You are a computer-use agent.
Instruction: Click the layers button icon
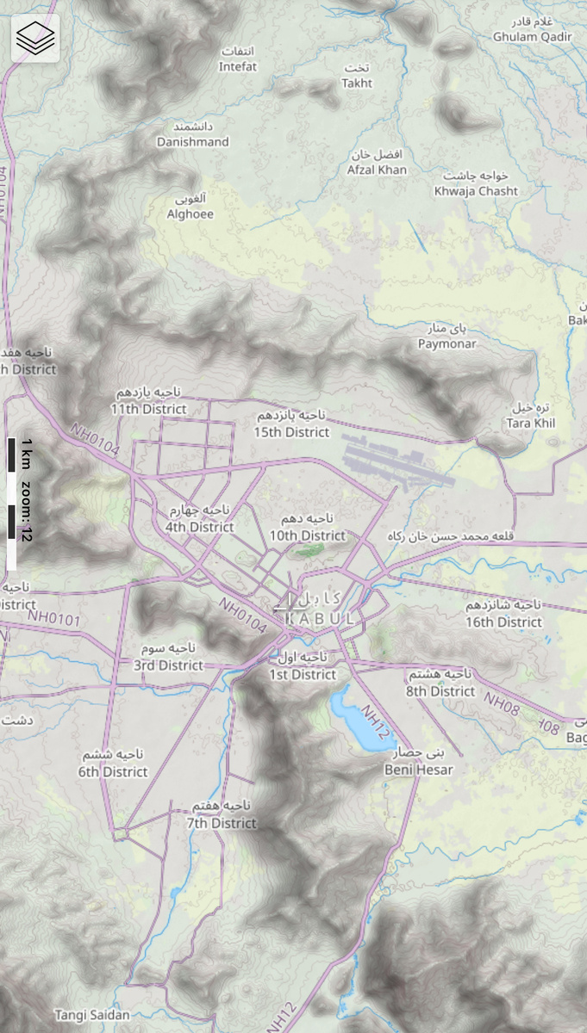(35, 37)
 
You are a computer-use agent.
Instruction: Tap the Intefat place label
(238, 66)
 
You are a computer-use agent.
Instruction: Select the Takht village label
(357, 84)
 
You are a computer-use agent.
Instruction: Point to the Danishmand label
(193, 141)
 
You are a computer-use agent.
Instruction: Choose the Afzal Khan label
(378, 170)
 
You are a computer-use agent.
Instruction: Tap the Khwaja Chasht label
(477, 191)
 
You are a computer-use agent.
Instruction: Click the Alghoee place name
(190, 214)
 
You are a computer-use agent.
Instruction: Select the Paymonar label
(446, 343)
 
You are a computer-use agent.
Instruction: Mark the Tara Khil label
(531, 423)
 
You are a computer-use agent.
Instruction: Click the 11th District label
(148, 409)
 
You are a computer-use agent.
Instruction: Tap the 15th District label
(292, 431)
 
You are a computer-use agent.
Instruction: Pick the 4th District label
(200, 527)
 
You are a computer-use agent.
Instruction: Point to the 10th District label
(308, 535)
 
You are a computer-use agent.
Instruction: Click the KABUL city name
(320, 618)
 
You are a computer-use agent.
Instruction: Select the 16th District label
(504, 622)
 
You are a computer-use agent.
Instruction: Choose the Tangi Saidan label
(92, 1015)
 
